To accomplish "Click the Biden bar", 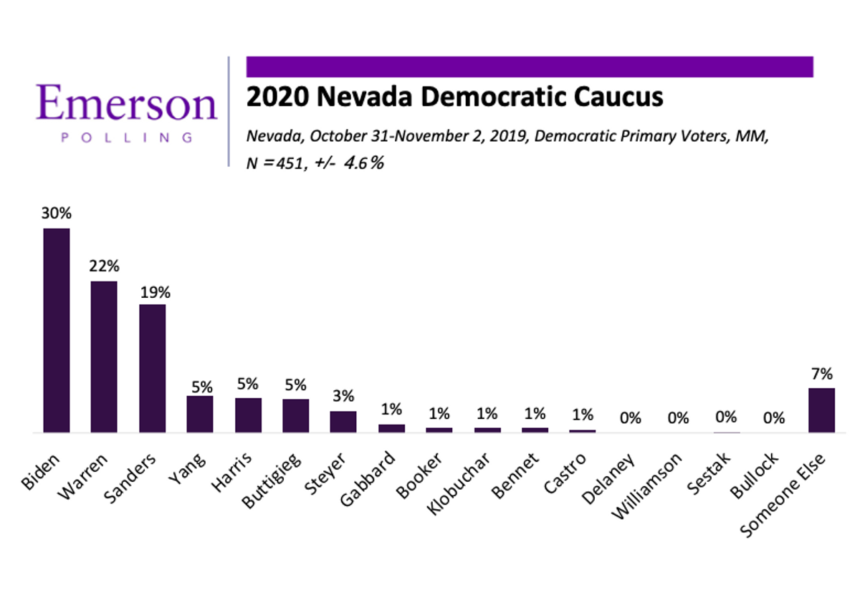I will (57, 330).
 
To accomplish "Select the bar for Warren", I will (104, 357).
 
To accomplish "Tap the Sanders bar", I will (152, 368).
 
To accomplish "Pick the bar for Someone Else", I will (821, 410).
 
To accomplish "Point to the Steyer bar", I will (343, 422).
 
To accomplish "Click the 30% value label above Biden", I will (57, 213).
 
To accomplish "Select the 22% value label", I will (104, 266).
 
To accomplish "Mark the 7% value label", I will (821, 374).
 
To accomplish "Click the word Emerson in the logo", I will (126, 104).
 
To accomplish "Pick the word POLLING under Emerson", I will (126, 137).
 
